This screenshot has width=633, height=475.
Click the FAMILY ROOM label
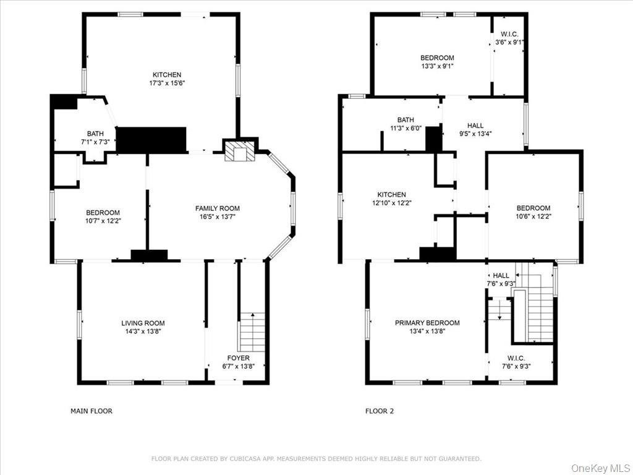tap(217, 208)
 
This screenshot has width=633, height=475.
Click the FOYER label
tap(238, 358)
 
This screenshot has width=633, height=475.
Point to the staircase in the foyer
tap(252, 333)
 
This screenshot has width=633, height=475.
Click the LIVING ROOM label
tap(143, 323)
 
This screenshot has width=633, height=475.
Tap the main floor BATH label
tap(95, 134)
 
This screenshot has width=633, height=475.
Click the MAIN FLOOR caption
tap(91, 411)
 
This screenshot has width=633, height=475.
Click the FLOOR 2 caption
tap(379, 411)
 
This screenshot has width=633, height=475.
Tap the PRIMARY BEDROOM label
tap(427, 323)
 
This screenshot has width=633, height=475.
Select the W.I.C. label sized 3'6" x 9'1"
tap(509, 42)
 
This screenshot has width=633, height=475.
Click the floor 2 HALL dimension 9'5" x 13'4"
tap(475, 134)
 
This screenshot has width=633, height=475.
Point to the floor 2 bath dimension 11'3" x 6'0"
tap(406, 129)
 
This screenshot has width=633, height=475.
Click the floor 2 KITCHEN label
tap(392, 194)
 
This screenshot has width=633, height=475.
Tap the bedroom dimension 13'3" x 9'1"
tap(437, 66)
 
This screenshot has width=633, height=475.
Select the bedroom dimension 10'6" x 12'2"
tap(533, 216)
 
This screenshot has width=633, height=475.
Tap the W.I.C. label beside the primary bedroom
tap(516, 358)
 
